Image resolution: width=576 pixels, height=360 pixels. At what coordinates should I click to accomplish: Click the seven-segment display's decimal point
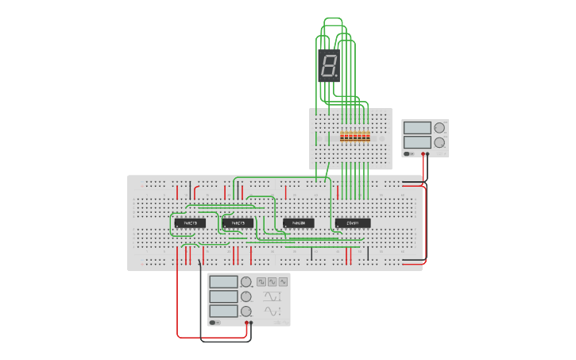pyautogui.click(x=337, y=78)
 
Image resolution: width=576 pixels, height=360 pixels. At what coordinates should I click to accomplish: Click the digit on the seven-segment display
pyautogui.click(x=327, y=66)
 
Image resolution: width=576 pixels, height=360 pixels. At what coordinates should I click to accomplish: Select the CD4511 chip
pyautogui.click(x=352, y=223)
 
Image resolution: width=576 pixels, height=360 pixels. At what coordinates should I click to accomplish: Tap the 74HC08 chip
pyautogui.click(x=299, y=223)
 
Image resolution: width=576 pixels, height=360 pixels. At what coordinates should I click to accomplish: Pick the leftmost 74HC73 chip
pyautogui.click(x=190, y=223)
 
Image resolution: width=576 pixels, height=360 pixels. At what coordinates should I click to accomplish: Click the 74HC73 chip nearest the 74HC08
pyautogui.click(x=238, y=223)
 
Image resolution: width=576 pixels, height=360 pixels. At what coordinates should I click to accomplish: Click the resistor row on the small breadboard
pyautogui.click(x=354, y=137)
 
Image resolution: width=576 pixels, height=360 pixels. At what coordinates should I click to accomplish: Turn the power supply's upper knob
pyautogui.click(x=438, y=128)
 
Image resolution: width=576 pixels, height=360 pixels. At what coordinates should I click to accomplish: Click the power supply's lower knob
pyautogui.click(x=438, y=143)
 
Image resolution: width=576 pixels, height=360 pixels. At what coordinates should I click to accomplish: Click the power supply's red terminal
pyautogui.click(x=429, y=154)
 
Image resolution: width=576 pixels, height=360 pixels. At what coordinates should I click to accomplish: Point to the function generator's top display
pyautogui.click(x=223, y=281)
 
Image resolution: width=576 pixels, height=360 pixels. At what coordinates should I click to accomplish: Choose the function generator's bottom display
pyautogui.click(x=223, y=311)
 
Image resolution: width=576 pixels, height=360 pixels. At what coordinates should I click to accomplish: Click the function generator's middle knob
pyautogui.click(x=246, y=296)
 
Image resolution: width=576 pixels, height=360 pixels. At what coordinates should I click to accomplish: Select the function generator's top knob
pyautogui.click(x=246, y=281)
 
